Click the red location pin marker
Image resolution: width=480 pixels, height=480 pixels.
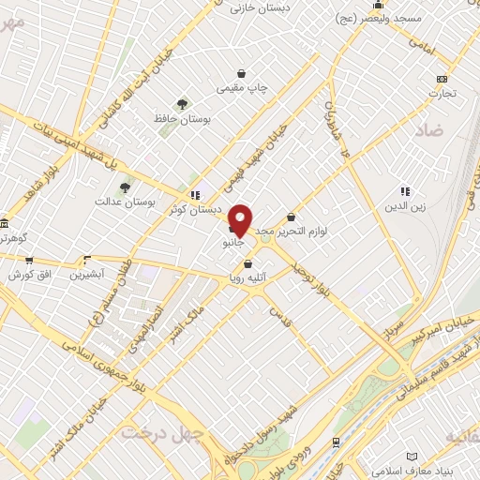[241, 219]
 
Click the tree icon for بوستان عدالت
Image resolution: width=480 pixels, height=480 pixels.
[125, 187]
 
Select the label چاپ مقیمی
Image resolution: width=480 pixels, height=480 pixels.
[243, 88]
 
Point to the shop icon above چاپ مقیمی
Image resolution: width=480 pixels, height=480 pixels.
[243, 73]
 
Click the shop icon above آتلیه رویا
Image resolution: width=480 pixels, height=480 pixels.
[247, 264]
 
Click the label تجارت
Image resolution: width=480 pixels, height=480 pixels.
[442, 93]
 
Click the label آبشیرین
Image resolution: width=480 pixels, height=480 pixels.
[91, 275]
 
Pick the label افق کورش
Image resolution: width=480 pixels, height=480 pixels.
[28, 275]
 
